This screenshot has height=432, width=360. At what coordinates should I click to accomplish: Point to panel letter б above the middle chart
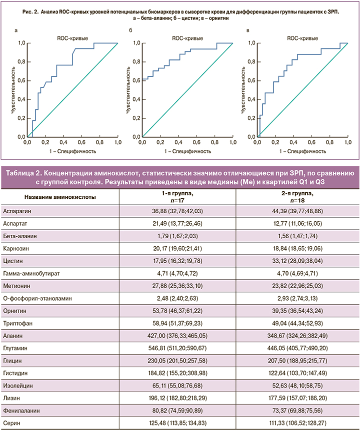(130, 31)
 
